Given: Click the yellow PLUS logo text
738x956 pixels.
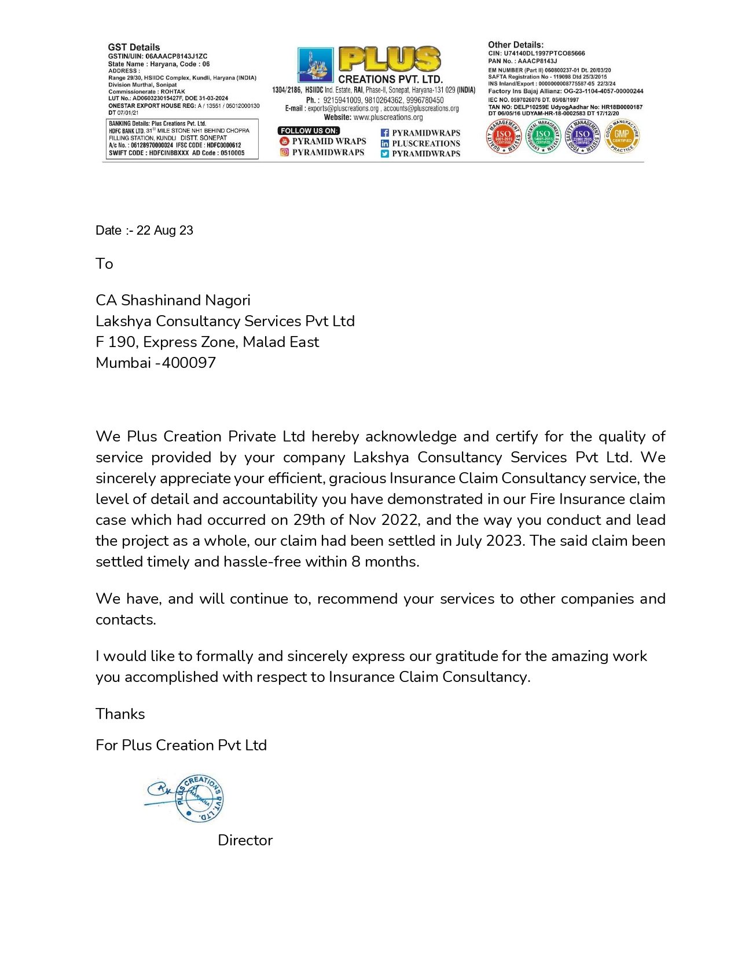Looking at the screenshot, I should pos(389,60).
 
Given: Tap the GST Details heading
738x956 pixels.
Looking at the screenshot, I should pos(134,47).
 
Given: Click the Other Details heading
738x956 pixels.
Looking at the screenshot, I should pos(515,45).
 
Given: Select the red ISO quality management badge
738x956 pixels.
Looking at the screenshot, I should pos(503,137).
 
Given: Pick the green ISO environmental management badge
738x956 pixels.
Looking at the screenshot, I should pos(543,137).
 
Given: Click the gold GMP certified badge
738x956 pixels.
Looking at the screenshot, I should pos(622,137).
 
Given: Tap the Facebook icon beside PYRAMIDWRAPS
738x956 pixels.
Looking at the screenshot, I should pos(384,133).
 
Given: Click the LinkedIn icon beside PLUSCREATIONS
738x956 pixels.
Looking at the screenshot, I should pos(384,143).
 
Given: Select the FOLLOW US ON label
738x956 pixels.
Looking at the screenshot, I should pos(309,131).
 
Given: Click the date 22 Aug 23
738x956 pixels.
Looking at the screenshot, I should pos(164,231).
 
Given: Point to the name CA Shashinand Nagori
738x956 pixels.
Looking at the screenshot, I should pos(172,300).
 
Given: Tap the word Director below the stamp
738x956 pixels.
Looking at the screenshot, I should pos(245,840).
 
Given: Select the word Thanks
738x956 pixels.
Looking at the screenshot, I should pos(120,714).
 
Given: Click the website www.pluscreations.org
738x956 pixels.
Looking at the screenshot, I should pos(388,117).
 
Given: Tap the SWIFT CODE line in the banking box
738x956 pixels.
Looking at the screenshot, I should pos(177,153).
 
